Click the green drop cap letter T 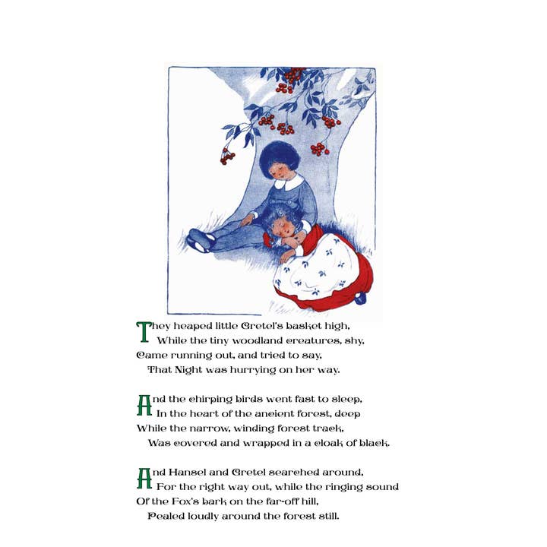point(144,332)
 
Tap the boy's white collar point(289,182)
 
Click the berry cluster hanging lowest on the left point(227,157)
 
